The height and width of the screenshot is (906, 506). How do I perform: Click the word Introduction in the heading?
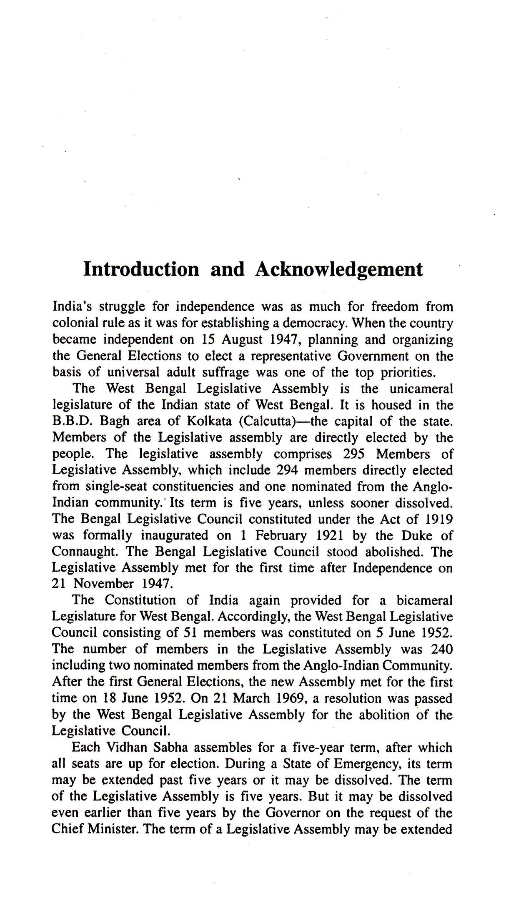pyautogui.click(x=141, y=269)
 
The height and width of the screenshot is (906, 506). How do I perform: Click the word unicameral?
pyautogui.click(x=421, y=389)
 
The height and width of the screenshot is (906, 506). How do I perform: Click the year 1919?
pyautogui.click(x=438, y=519)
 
